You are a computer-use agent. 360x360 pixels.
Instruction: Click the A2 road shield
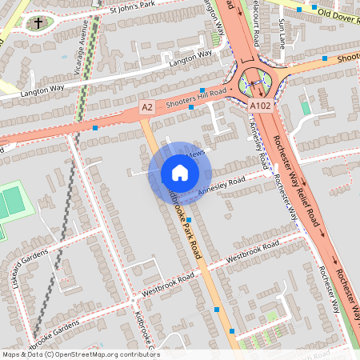click(x=146, y=106)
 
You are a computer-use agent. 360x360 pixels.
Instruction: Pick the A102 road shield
click(x=258, y=106)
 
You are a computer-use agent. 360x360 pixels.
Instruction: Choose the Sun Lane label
click(x=285, y=34)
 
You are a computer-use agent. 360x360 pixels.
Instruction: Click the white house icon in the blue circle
click(x=179, y=173)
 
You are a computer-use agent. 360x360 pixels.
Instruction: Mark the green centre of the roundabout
click(x=255, y=82)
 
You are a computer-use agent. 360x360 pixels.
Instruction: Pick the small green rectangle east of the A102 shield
click(x=306, y=108)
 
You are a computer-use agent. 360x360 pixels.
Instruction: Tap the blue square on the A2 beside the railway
click(x=95, y=127)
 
